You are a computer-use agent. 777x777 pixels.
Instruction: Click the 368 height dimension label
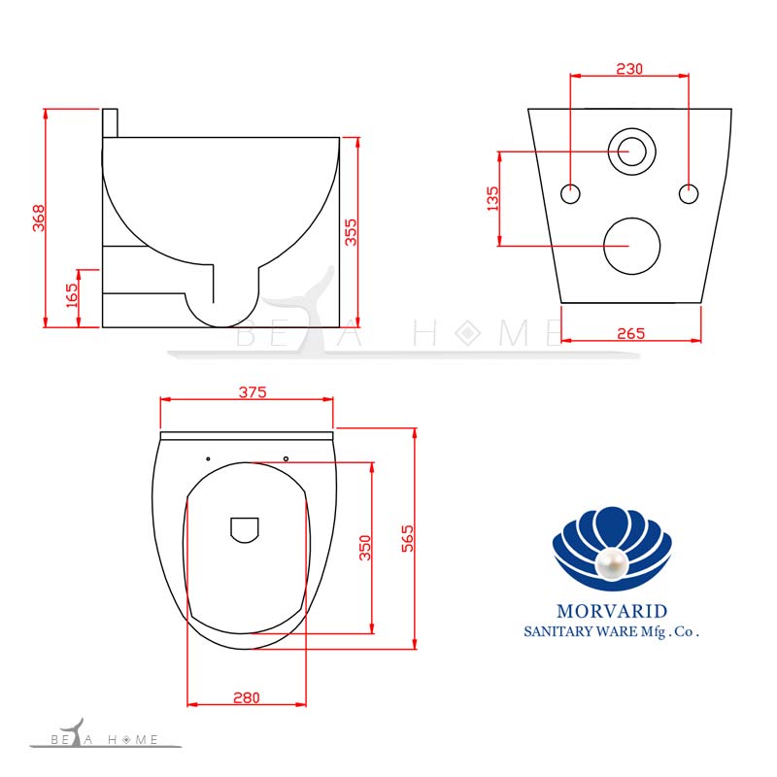(38, 219)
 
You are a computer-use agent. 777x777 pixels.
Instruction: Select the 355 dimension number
(351, 231)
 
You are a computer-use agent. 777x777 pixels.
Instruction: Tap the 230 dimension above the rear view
(630, 69)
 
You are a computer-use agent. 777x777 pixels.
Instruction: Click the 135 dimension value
(492, 198)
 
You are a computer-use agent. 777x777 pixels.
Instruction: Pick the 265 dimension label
(631, 333)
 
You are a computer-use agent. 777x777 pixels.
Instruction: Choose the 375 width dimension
(253, 392)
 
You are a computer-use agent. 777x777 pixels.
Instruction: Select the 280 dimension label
(247, 696)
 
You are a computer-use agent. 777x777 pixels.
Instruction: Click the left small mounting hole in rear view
(571, 193)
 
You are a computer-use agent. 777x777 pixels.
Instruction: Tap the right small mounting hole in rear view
(689, 193)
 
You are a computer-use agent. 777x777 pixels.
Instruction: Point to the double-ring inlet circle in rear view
(631, 152)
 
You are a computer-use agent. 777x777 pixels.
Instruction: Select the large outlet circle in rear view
(631, 244)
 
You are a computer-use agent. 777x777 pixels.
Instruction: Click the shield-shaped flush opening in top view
(245, 529)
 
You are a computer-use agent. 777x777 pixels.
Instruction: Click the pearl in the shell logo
(612, 566)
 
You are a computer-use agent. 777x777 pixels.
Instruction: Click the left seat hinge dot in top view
(208, 457)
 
